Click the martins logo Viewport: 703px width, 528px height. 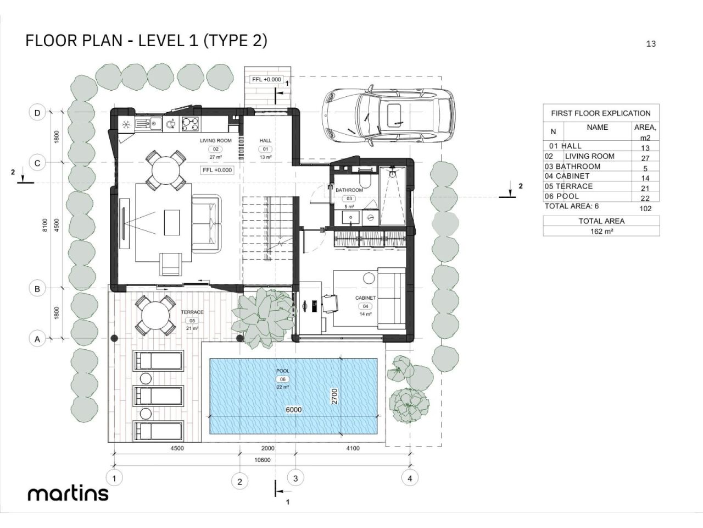pyautogui.click(x=68, y=493)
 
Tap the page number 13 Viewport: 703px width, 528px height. pyautogui.click(x=651, y=44)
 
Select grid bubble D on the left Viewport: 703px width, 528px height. pyautogui.click(x=37, y=113)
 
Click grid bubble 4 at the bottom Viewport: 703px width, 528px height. pyautogui.click(x=409, y=478)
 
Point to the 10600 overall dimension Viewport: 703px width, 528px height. pyautogui.click(x=263, y=460)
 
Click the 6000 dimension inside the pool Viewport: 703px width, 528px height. pyautogui.click(x=293, y=410)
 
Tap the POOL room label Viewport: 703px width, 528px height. pyautogui.click(x=283, y=371)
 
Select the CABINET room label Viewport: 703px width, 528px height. pyautogui.click(x=365, y=298)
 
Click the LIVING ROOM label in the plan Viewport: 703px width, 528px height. pyautogui.click(x=215, y=141)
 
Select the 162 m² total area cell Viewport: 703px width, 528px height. pyautogui.click(x=601, y=232)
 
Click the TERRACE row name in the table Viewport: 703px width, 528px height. pyautogui.click(x=574, y=186)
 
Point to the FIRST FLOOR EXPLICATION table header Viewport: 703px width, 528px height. pyautogui.click(x=601, y=113)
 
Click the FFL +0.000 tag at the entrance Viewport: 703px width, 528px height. pyautogui.click(x=266, y=80)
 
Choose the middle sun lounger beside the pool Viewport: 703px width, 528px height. pyautogui.click(x=159, y=396)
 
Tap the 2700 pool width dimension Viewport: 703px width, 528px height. pyautogui.click(x=334, y=397)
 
